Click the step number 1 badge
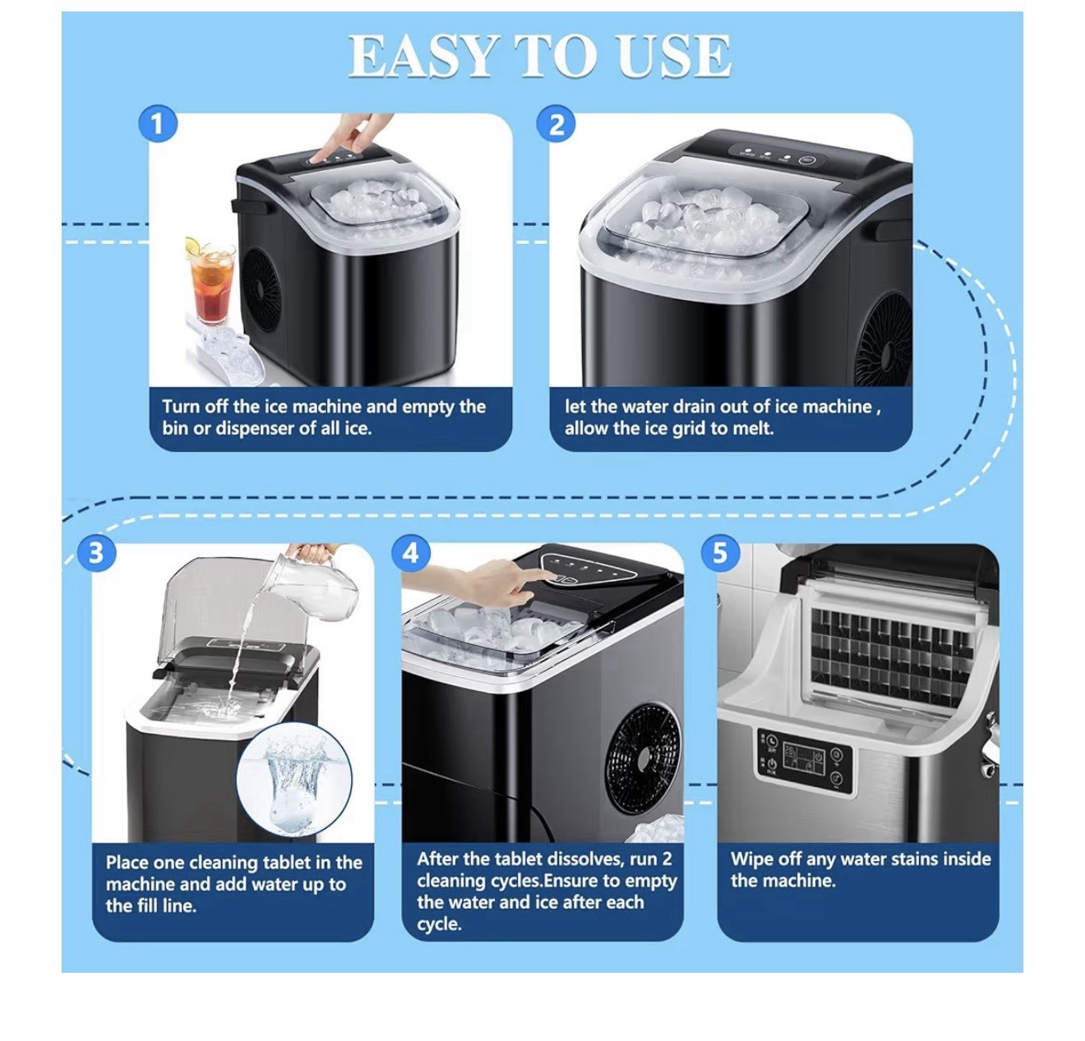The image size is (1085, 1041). (158, 123)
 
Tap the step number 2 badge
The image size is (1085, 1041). (556, 123)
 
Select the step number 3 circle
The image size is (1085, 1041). (96, 554)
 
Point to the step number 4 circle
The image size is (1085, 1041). (410, 554)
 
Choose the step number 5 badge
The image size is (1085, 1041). (720, 554)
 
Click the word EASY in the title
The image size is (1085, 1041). (422, 56)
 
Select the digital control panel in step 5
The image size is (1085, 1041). (804, 761)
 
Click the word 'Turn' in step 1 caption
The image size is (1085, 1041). (179, 406)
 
